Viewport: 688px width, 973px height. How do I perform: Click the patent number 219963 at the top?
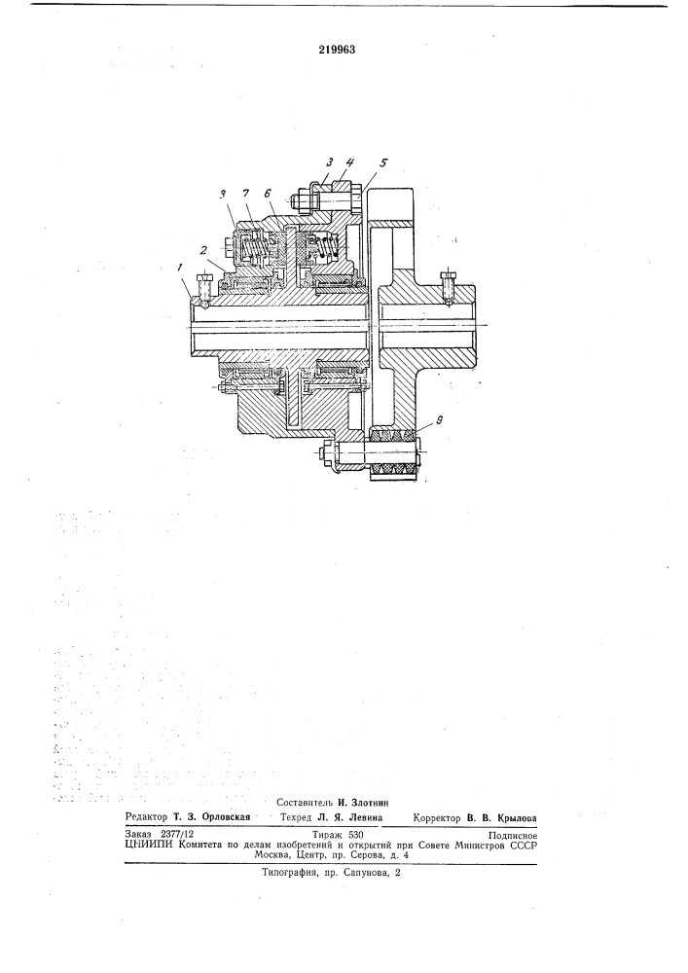click(337, 51)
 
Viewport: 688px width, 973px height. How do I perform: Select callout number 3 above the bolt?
click(330, 162)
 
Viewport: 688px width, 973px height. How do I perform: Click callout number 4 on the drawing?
click(349, 162)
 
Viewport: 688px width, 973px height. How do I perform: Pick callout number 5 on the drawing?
click(383, 162)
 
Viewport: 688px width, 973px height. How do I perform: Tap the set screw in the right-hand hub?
click(448, 287)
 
